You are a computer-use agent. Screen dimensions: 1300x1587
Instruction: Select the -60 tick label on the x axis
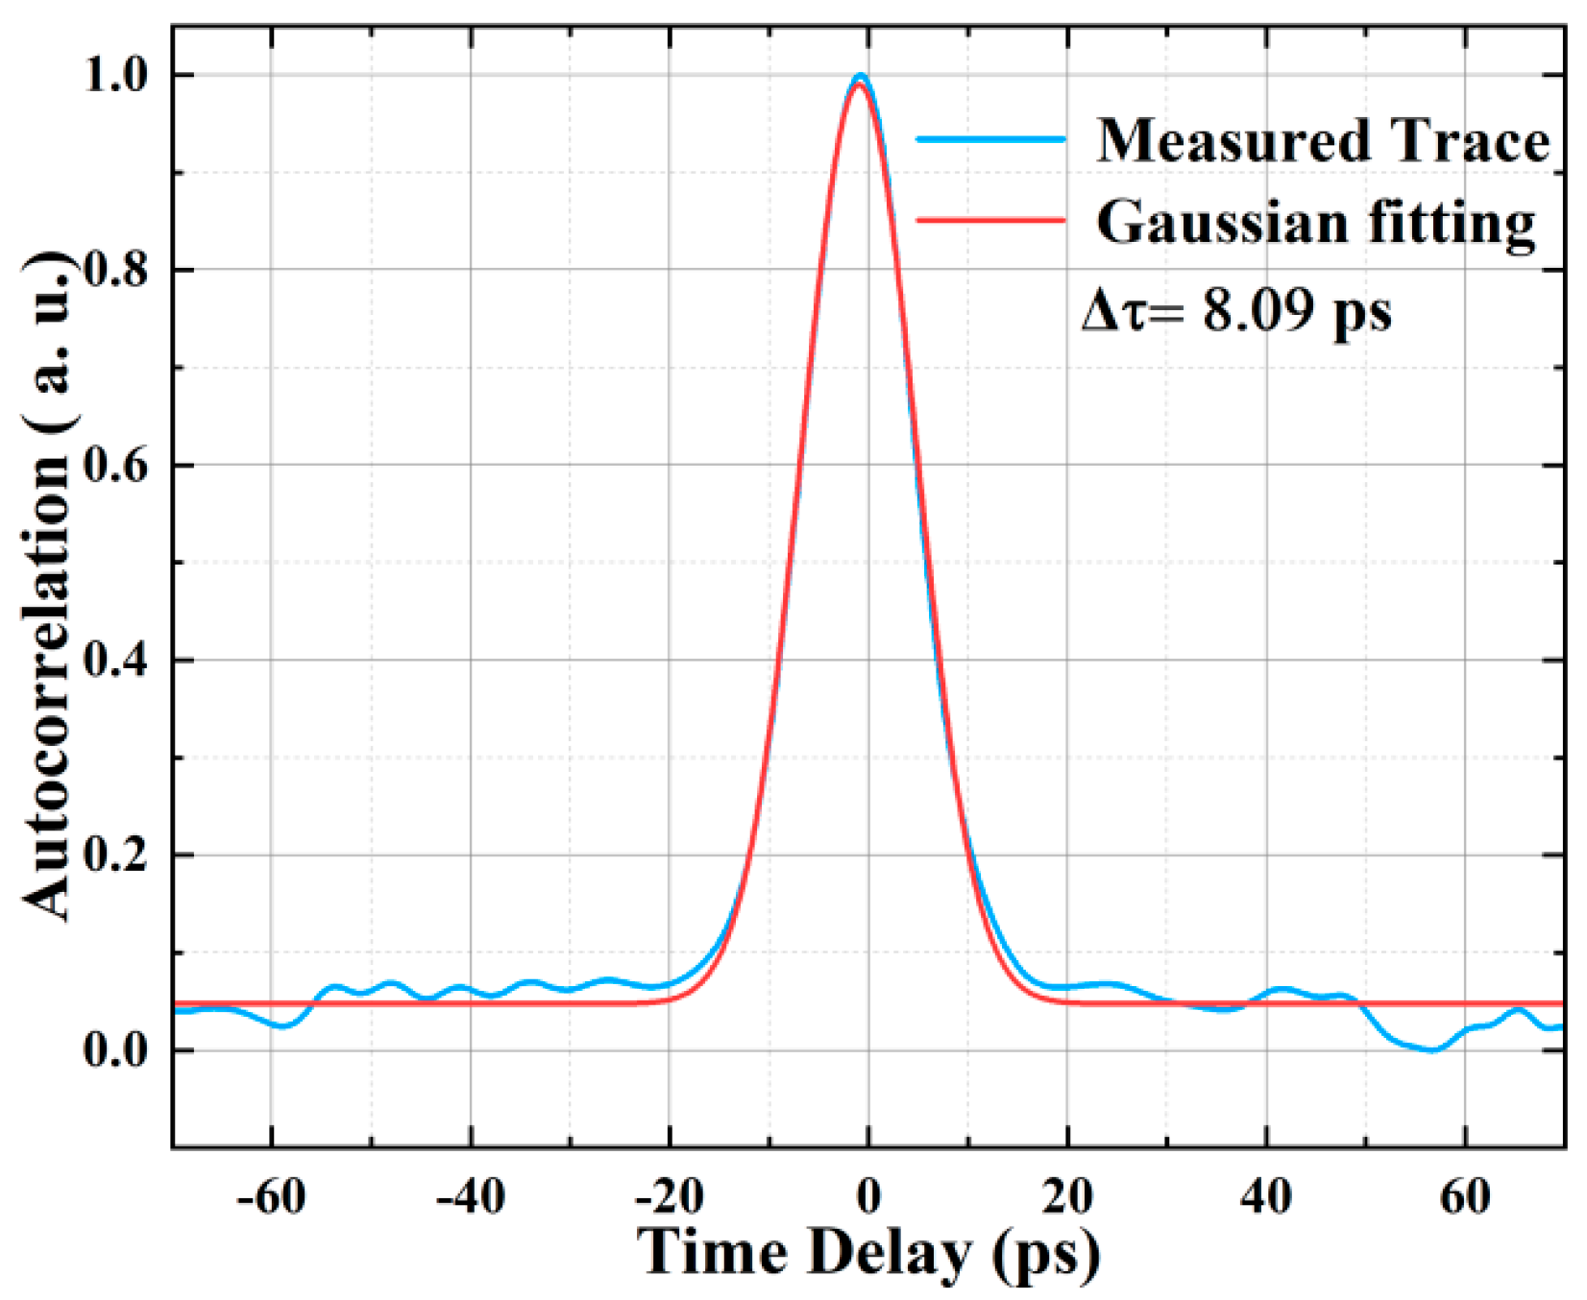coord(271,1196)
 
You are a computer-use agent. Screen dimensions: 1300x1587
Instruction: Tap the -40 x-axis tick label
coord(470,1196)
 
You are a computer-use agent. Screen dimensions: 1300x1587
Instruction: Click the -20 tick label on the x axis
coord(669,1196)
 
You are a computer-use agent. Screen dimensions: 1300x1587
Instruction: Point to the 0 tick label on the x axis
coord(868,1196)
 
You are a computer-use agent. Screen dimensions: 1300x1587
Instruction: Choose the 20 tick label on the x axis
coord(1067,1196)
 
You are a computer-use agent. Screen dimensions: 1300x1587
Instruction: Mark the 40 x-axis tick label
coord(1266,1196)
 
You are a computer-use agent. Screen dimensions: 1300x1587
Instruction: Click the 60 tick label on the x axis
coord(1465,1196)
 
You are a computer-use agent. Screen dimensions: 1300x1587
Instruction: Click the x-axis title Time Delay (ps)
coord(868,1254)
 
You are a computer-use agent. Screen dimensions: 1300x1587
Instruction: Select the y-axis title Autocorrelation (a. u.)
coord(48,586)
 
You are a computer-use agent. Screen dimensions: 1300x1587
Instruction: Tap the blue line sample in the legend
coord(991,139)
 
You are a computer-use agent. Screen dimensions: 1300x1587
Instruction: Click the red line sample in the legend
coord(991,220)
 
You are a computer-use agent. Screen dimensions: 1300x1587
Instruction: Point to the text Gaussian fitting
coord(1316,223)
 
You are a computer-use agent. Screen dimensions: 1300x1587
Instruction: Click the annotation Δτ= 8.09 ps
coord(1237,310)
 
